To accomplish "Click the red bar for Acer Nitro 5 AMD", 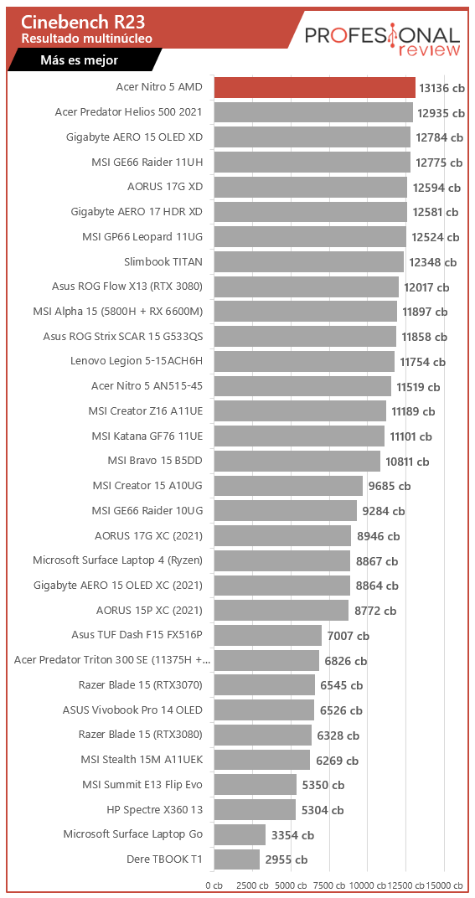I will tap(314, 87).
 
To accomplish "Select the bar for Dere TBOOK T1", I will tap(237, 859).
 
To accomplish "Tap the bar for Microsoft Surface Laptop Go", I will tap(240, 834).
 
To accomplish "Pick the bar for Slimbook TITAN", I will tap(308, 262).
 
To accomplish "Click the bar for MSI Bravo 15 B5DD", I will tap(297, 461).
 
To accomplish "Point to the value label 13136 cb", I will tap(441, 88).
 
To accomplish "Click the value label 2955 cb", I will tap(286, 860).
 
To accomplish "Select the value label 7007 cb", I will tap(348, 636).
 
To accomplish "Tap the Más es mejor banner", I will tap(79, 60).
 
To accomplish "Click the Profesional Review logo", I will tap(381, 39).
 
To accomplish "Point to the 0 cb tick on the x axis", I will tap(214, 885).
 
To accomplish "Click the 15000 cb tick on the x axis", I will tap(445, 885).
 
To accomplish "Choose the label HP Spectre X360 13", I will tap(154, 809).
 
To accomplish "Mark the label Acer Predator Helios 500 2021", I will tap(128, 112).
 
